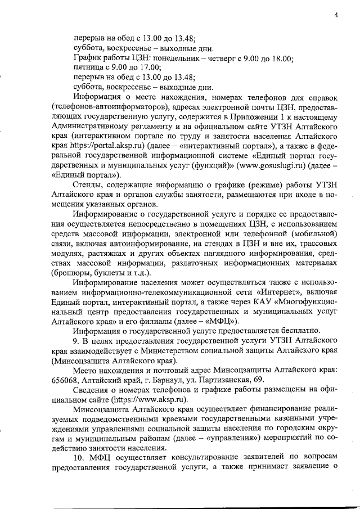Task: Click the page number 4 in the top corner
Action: [x=335, y=15]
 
